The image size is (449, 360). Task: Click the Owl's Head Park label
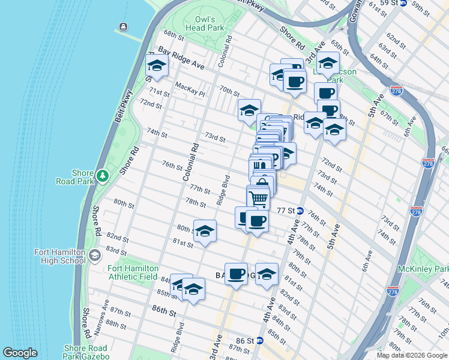(x=204, y=23)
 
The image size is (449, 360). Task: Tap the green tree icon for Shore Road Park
(x=103, y=175)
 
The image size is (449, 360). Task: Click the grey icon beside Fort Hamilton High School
(x=94, y=257)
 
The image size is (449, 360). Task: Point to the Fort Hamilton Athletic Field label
(x=133, y=272)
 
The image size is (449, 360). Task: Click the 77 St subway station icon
(x=300, y=211)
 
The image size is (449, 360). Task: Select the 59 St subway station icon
(x=403, y=3)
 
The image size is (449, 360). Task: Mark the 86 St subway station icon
(x=259, y=340)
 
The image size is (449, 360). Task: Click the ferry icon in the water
(x=124, y=26)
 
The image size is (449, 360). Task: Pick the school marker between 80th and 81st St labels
(x=205, y=231)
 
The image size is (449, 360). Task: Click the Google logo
(x=20, y=353)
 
